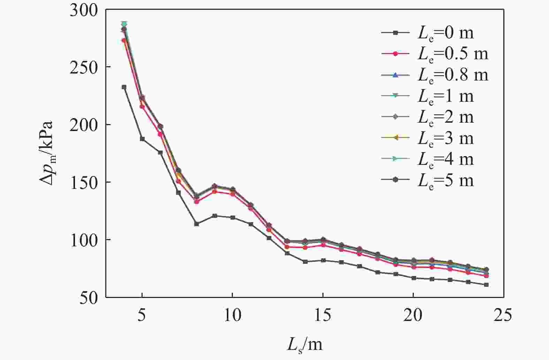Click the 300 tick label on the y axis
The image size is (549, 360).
(83, 10)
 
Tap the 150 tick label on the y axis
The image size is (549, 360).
(83, 182)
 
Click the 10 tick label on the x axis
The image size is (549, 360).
(232, 315)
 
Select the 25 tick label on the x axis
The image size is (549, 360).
(503, 315)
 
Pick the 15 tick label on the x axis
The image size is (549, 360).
(323, 315)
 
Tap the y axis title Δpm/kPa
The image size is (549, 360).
(46, 153)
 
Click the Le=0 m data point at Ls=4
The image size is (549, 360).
(124, 87)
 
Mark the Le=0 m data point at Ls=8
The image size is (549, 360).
(196, 224)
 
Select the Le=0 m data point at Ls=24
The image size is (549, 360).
(486, 285)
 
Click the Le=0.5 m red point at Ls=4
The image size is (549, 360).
(124, 40)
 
